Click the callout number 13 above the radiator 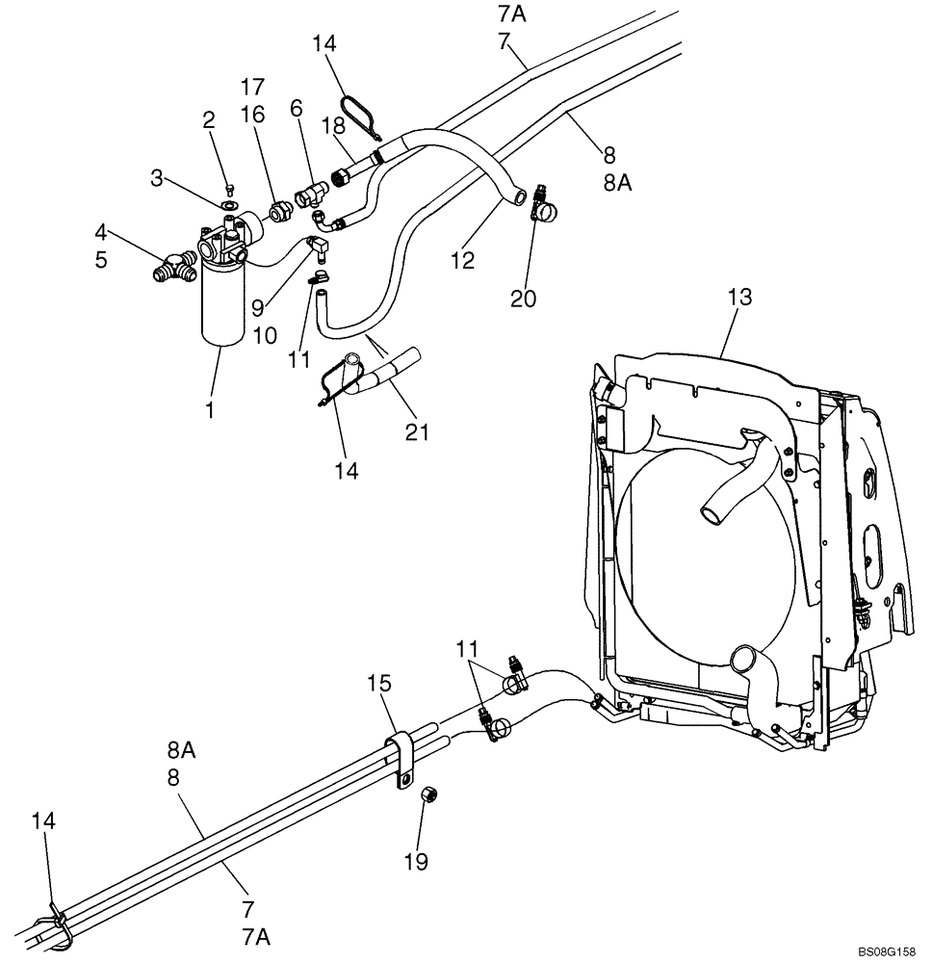pos(739,299)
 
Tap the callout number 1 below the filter pos(209,410)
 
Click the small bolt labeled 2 pos(228,188)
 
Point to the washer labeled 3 pos(230,205)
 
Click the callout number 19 pos(416,861)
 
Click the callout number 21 pos(417,434)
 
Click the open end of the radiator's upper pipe pos(711,511)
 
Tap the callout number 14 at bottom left pos(44,821)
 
